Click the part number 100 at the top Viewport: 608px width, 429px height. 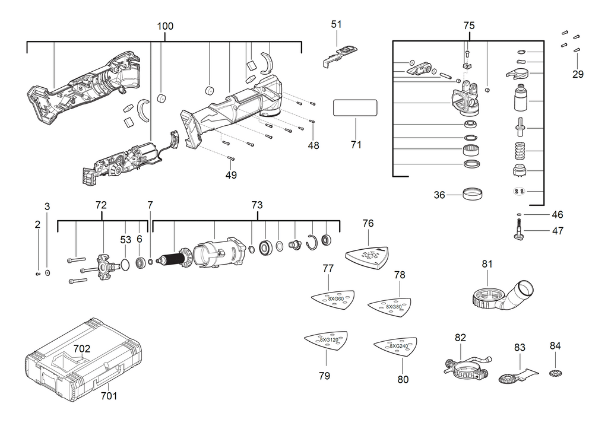click(165, 27)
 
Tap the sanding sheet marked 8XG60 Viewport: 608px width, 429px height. click(332, 298)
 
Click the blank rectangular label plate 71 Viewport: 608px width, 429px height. click(355, 109)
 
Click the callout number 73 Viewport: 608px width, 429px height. click(256, 205)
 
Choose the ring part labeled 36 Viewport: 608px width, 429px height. click(472, 193)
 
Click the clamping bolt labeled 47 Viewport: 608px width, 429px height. click(519, 231)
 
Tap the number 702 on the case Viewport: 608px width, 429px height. click(82, 349)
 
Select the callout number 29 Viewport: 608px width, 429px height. click(578, 74)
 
